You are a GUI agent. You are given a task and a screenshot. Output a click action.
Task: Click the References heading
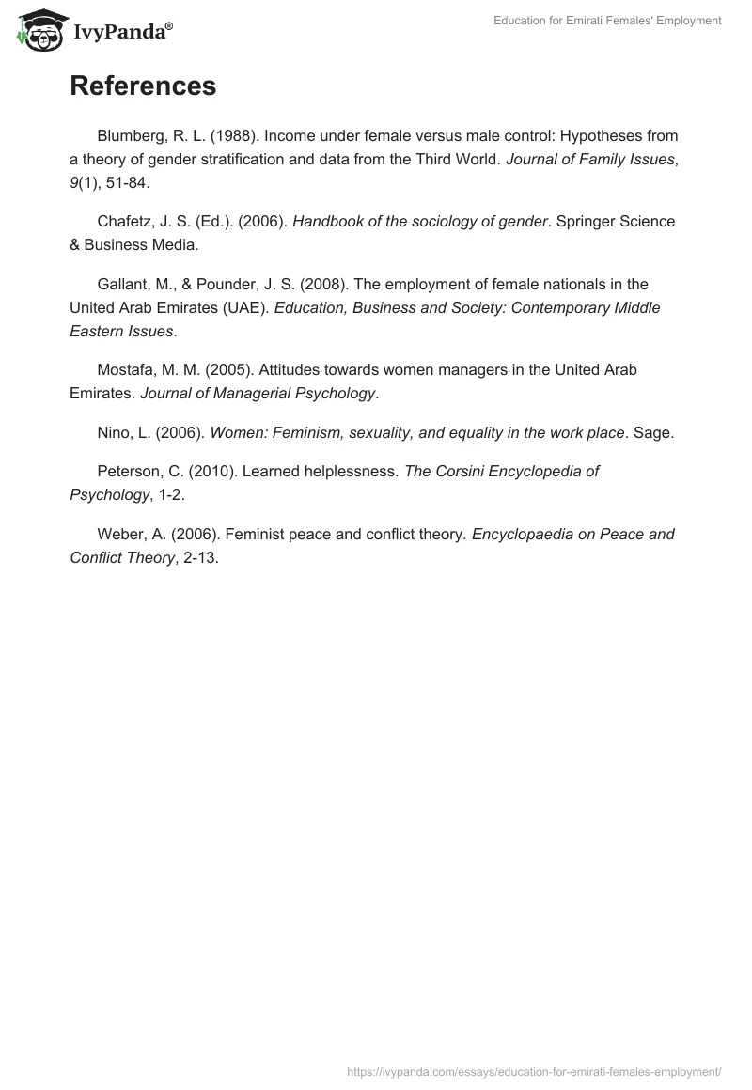143,86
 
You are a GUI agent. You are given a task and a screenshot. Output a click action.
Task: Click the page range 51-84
125,182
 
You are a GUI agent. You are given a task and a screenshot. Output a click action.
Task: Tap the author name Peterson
132,472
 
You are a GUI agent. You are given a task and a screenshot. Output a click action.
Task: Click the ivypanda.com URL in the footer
534,1070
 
